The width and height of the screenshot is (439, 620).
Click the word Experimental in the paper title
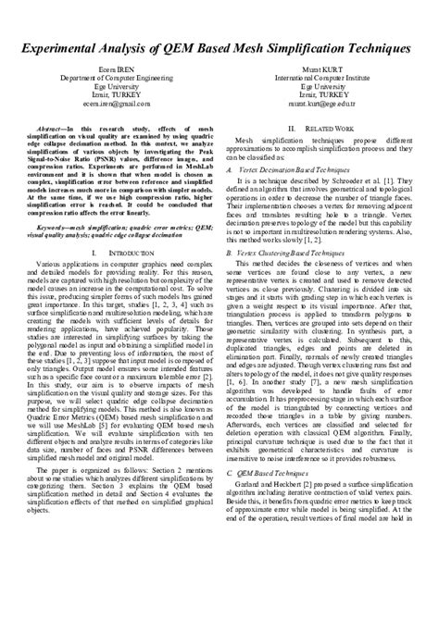(x=76, y=46)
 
